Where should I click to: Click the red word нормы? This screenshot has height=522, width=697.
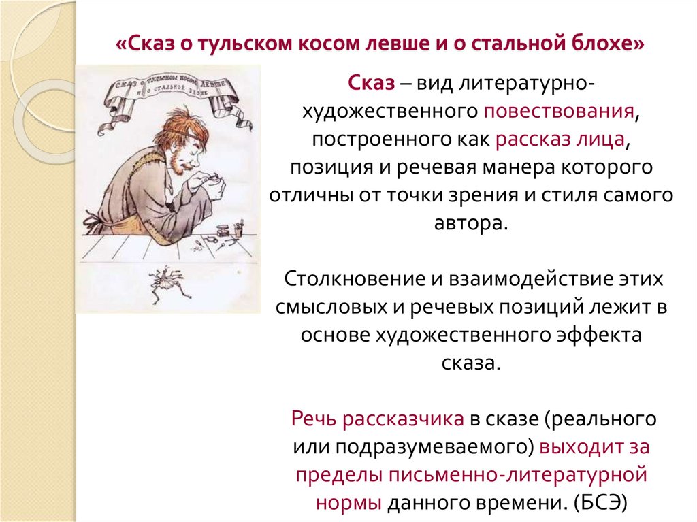349,503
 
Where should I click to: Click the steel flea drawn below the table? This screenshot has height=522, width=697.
166,279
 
